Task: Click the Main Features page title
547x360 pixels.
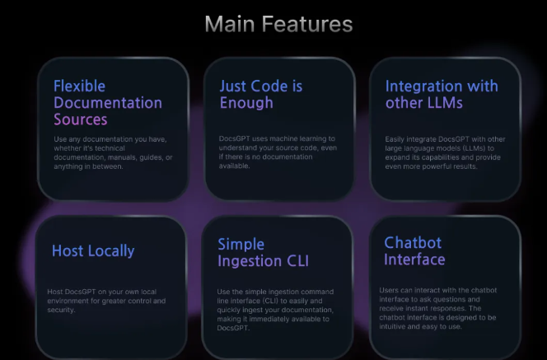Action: coord(278,24)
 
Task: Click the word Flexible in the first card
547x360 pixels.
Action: coord(79,86)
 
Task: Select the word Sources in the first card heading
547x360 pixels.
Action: coord(80,119)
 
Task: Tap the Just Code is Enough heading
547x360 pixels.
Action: coord(261,95)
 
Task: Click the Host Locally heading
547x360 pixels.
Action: coord(93,250)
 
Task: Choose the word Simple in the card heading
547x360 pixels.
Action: coord(241,245)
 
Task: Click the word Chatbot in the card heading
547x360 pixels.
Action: coord(413,243)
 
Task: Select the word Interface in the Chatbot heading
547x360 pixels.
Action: coord(414,259)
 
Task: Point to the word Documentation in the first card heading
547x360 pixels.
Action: coord(108,103)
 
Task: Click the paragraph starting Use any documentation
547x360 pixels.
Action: coord(113,152)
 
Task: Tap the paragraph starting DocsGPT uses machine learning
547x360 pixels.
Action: coord(278,152)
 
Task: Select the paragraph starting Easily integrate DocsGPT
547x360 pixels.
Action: coord(445,152)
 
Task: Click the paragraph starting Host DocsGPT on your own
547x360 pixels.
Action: coord(106,301)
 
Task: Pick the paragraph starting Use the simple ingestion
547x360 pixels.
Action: coord(275,310)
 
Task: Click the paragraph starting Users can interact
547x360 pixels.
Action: coord(437,308)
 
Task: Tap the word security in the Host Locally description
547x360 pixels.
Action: coord(61,310)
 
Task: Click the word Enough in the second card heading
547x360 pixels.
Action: coord(246,103)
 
